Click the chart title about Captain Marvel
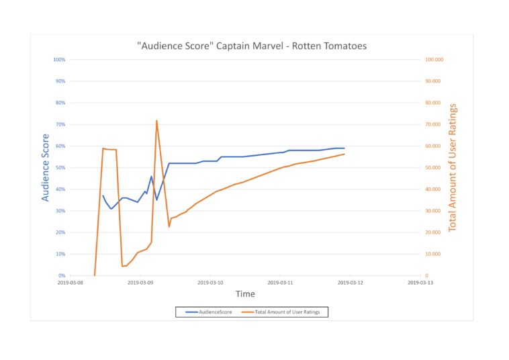252,46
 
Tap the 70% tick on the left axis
59,124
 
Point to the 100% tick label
58,60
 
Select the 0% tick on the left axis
61,275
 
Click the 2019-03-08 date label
71,283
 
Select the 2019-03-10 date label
211,283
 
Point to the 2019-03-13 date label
420,283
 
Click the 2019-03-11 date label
281,283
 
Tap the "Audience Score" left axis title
46,167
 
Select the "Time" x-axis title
245,294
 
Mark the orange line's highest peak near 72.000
156,121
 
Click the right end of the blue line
344,148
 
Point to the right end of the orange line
344,154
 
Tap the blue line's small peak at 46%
151,177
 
